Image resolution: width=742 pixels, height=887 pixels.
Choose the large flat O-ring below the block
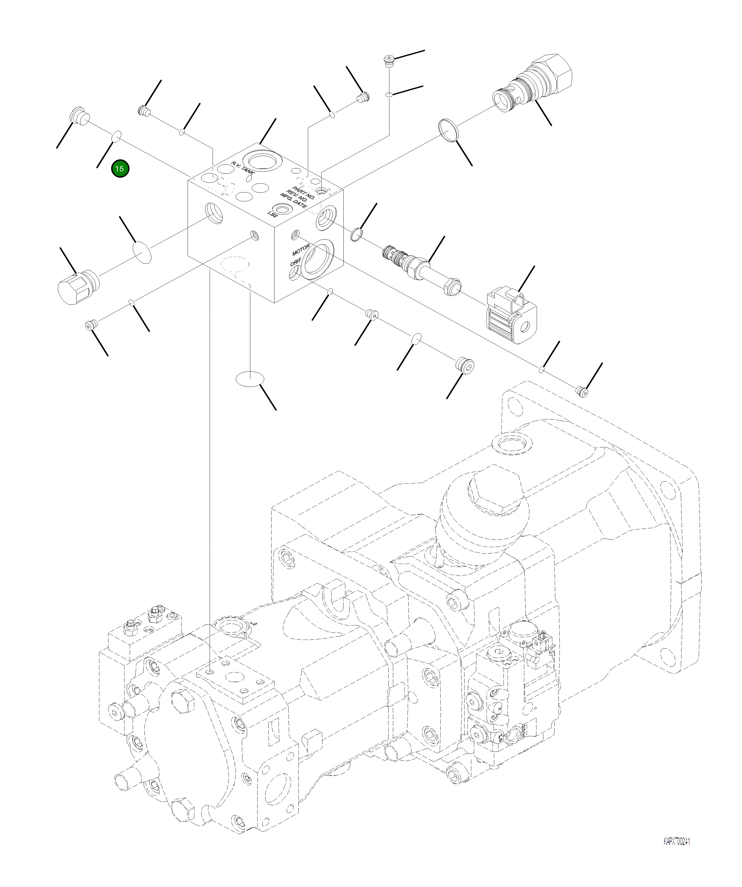249,379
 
